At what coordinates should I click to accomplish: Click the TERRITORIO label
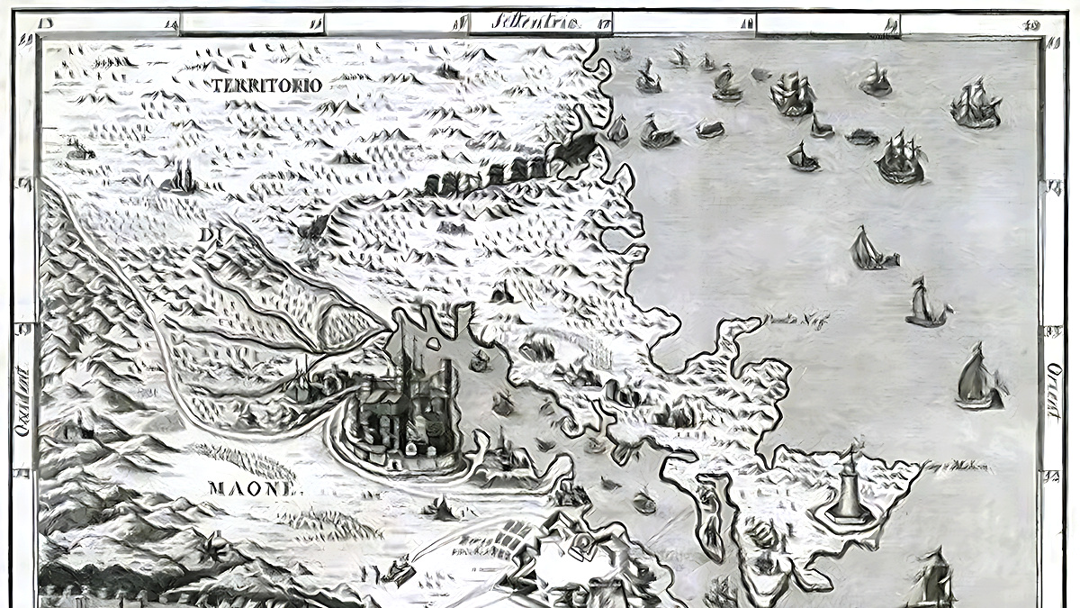(267, 85)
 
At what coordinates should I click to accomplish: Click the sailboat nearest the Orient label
(979, 378)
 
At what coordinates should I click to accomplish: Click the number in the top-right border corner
(1032, 24)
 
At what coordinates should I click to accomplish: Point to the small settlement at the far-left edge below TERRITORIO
(79, 150)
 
